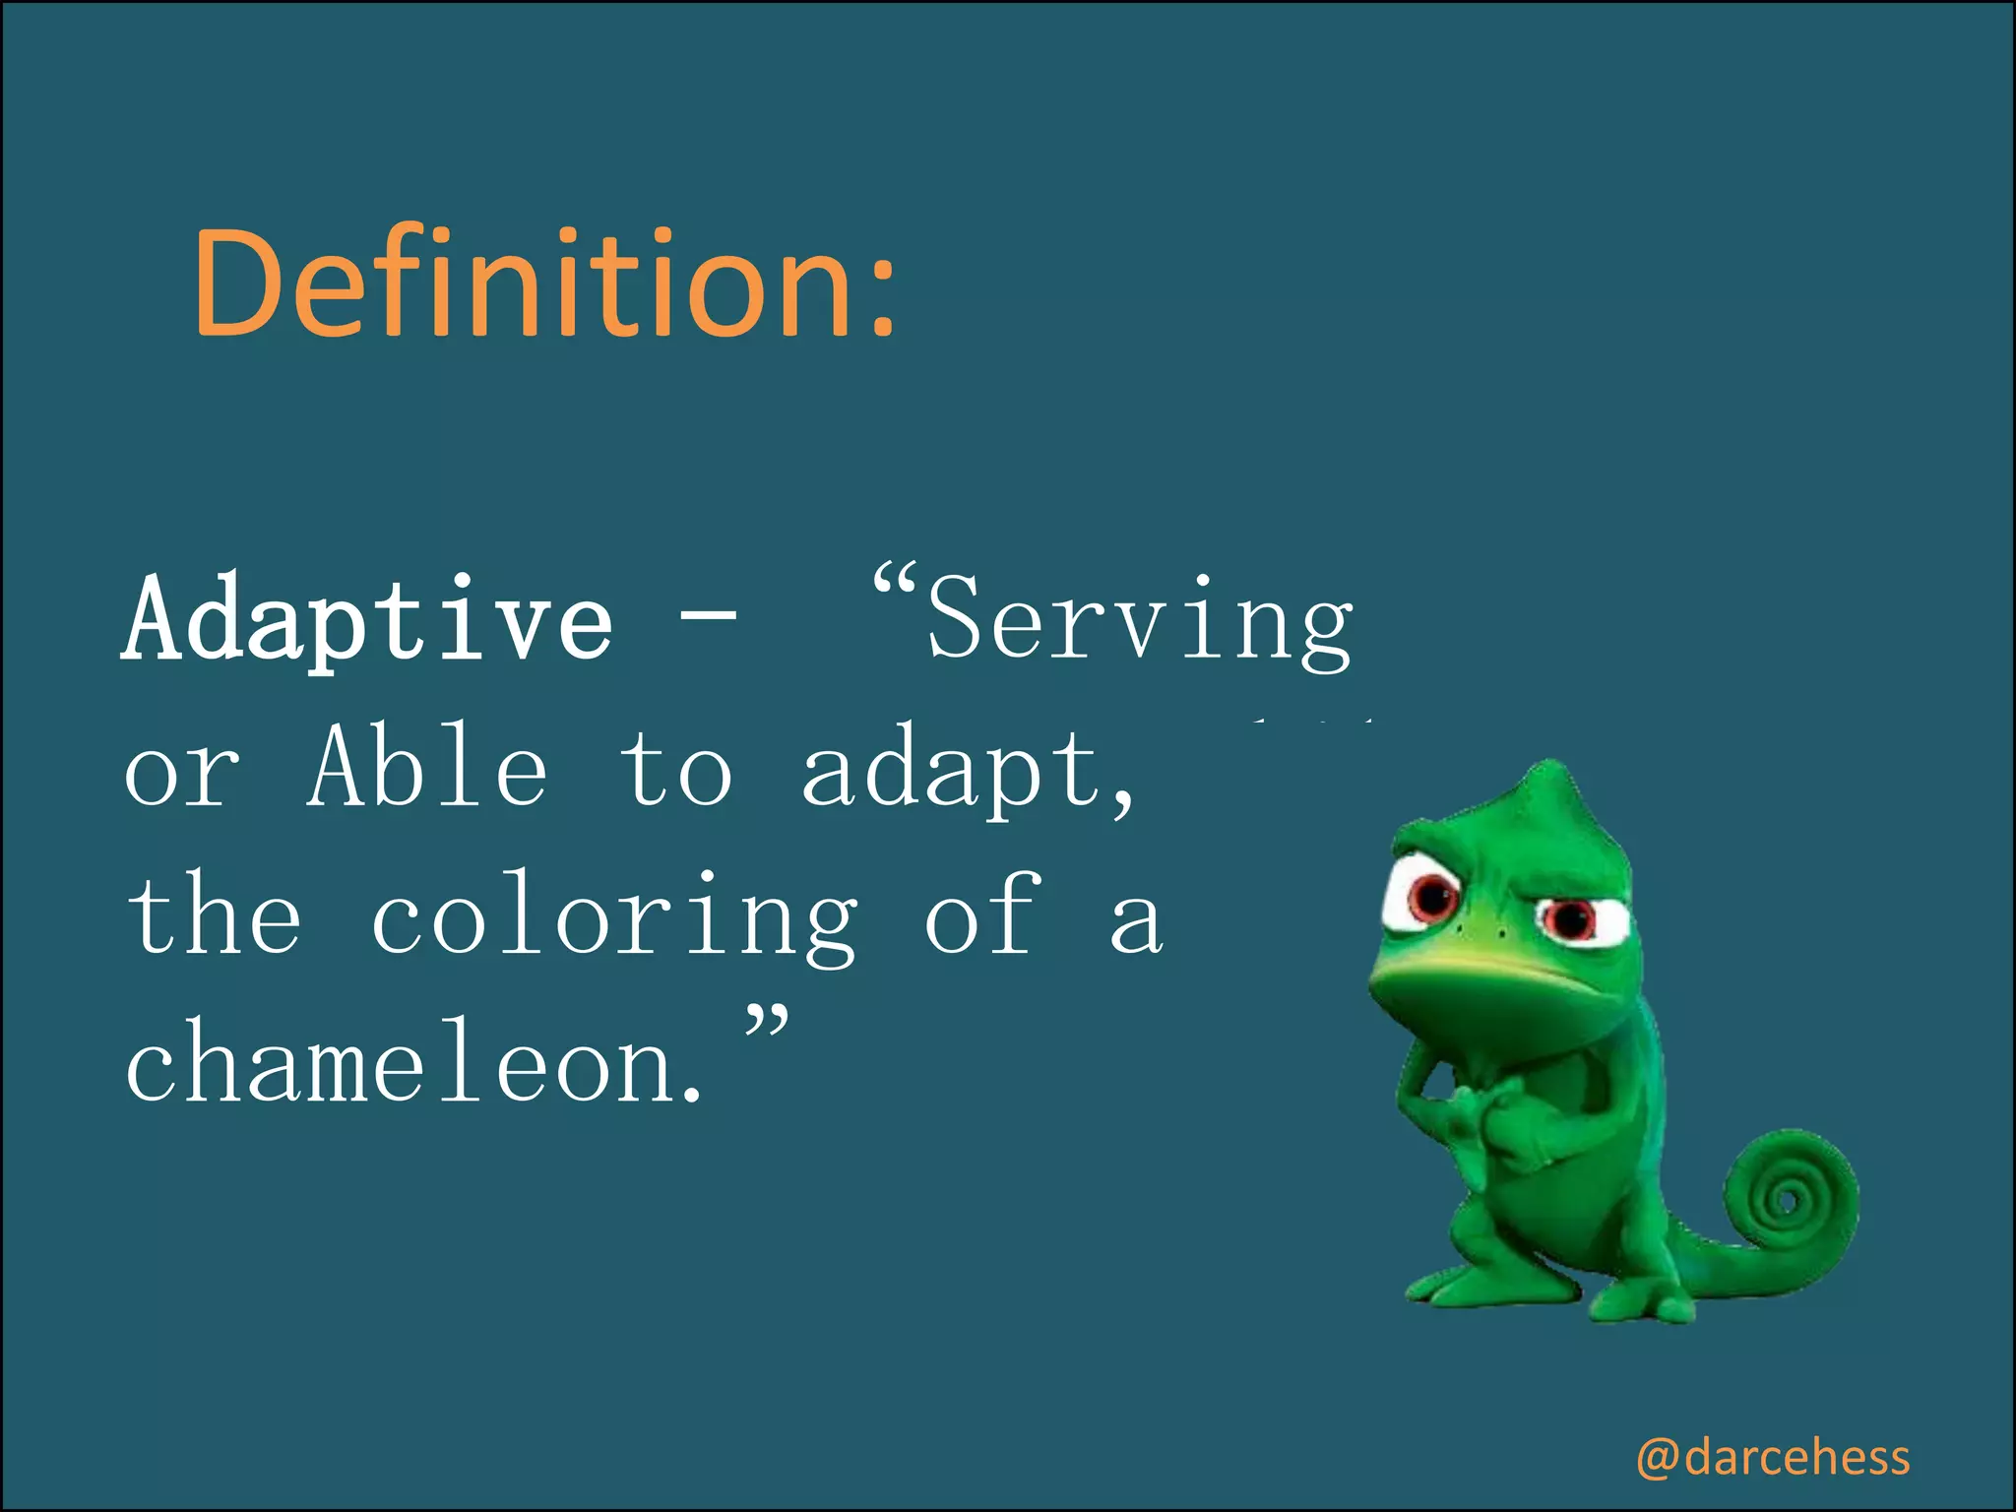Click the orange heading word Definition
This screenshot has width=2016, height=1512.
point(522,285)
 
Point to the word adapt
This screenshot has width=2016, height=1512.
point(955,773)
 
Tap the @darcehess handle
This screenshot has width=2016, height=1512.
point(1772,1457)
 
